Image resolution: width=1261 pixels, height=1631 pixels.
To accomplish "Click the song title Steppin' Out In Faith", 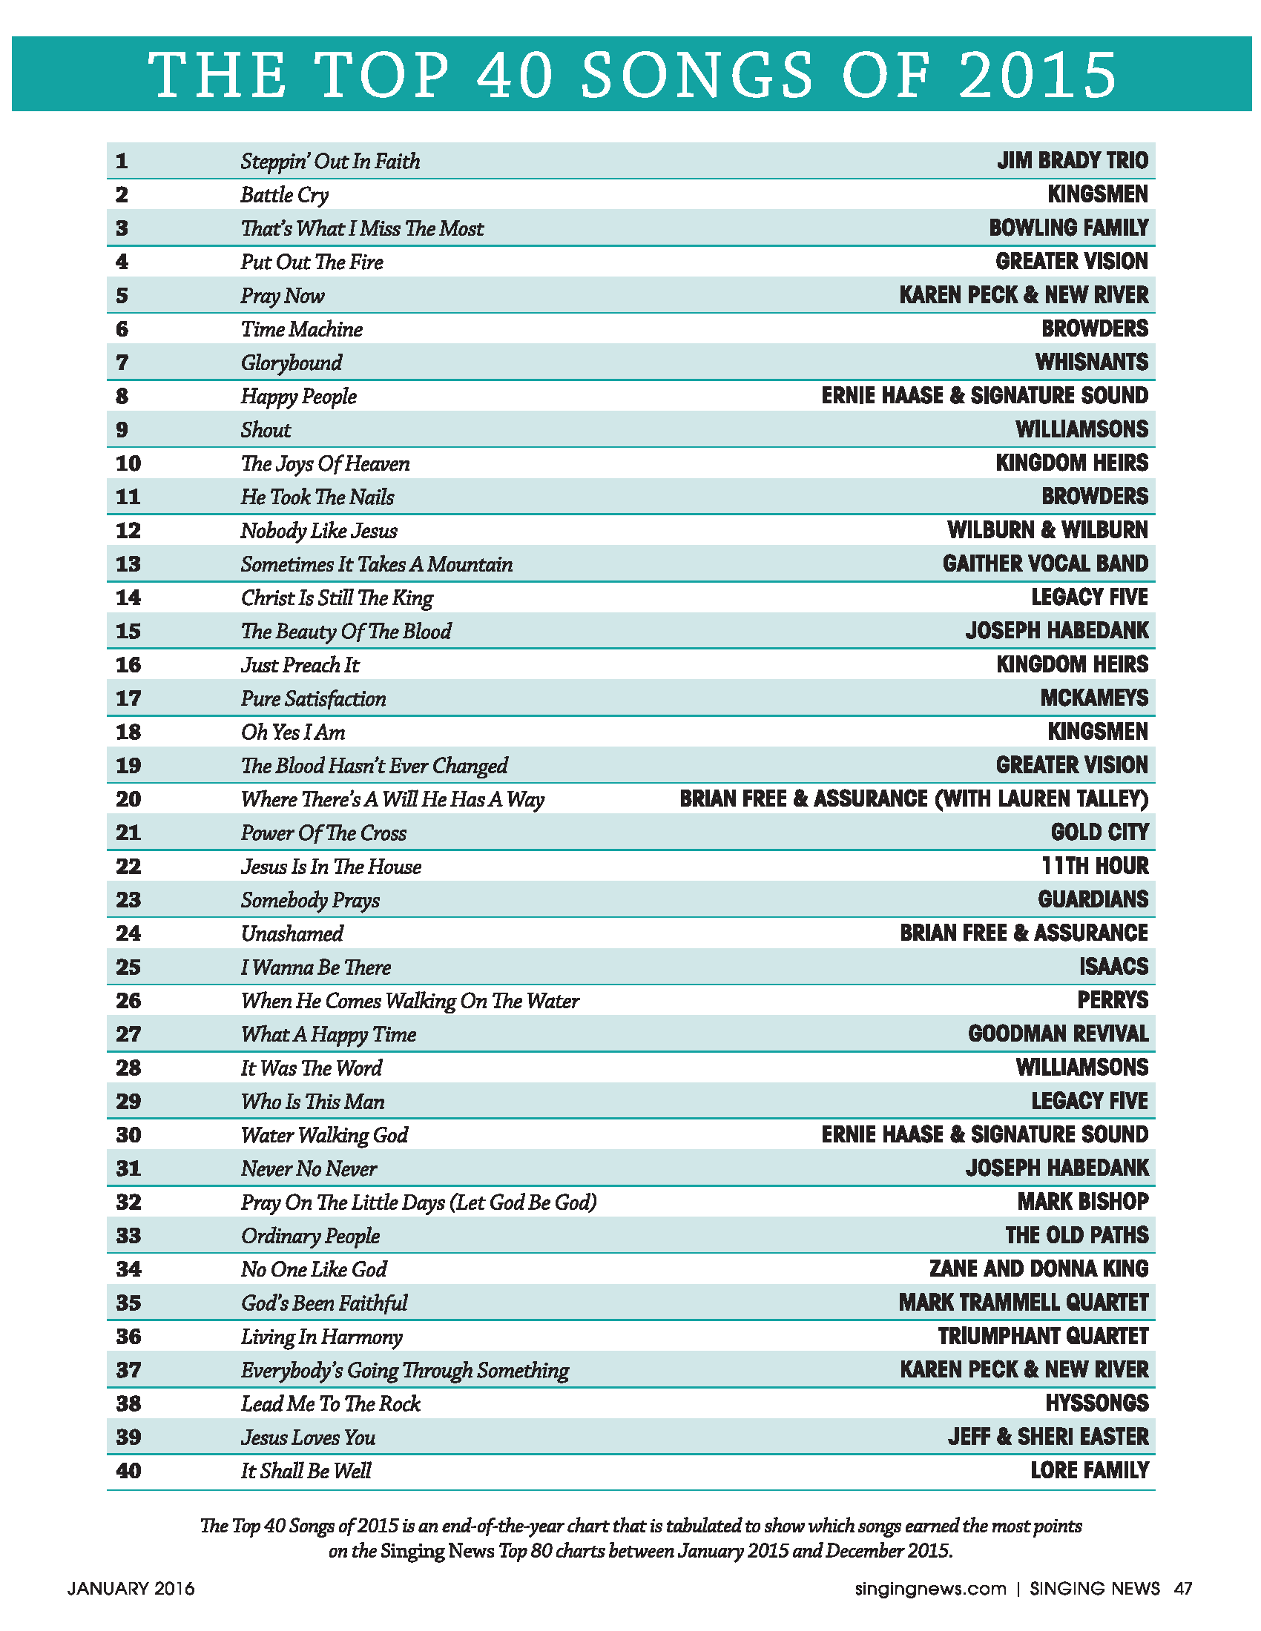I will coord(329,162).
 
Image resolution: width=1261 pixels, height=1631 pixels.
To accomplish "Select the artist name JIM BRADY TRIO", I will coord(1072,161).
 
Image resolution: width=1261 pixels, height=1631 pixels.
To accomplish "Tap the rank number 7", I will coord(122,363).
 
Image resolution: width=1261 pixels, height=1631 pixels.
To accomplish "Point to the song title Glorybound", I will coord(292,363).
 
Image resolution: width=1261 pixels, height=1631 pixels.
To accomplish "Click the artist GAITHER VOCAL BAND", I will coord(1045,564).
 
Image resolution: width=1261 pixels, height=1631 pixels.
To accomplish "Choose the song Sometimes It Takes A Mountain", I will coord(377,565).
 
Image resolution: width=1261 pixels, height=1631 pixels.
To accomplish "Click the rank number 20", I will coord(128,799).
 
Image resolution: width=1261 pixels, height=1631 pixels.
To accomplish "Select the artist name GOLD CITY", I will coord(1099,833).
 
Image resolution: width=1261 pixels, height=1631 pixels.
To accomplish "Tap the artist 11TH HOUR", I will coord(1094,866).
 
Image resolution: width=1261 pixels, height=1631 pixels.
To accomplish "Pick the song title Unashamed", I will coord(292,933).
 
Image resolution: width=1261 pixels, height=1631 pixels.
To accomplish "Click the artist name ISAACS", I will coord(1113,967).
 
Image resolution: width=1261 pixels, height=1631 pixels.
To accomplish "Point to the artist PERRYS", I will coord(1113,1000).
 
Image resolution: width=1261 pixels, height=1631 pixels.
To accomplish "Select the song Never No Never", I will coord(309,1168).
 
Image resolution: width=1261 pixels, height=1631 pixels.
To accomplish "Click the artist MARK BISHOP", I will coord(1082,1202).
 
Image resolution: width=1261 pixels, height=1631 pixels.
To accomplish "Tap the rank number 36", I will coord(128,1337).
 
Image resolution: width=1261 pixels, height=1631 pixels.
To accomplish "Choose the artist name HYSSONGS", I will coord(1096,1403).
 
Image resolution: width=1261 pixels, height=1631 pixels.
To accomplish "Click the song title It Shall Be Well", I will coord(306,1471).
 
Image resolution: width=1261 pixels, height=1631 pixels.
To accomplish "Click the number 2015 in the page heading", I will coord(1038,75).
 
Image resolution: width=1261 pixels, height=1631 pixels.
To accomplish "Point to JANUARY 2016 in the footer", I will coord(131,1589).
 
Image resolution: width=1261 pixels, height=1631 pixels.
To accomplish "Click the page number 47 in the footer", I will coord(1182,1589).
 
